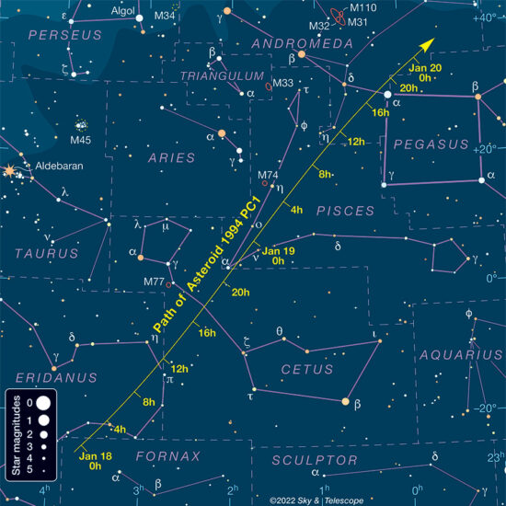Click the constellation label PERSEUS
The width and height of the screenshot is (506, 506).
[x=65, y=35]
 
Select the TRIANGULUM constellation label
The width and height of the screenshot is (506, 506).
[x=214, y=75]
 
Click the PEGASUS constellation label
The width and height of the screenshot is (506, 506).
[x=431, y=144]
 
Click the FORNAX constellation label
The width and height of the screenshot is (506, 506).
[x=167, y=456]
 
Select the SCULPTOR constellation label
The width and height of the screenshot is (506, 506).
[x=319, y=459]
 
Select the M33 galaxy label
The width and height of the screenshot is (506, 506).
[x=283, y=84]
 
